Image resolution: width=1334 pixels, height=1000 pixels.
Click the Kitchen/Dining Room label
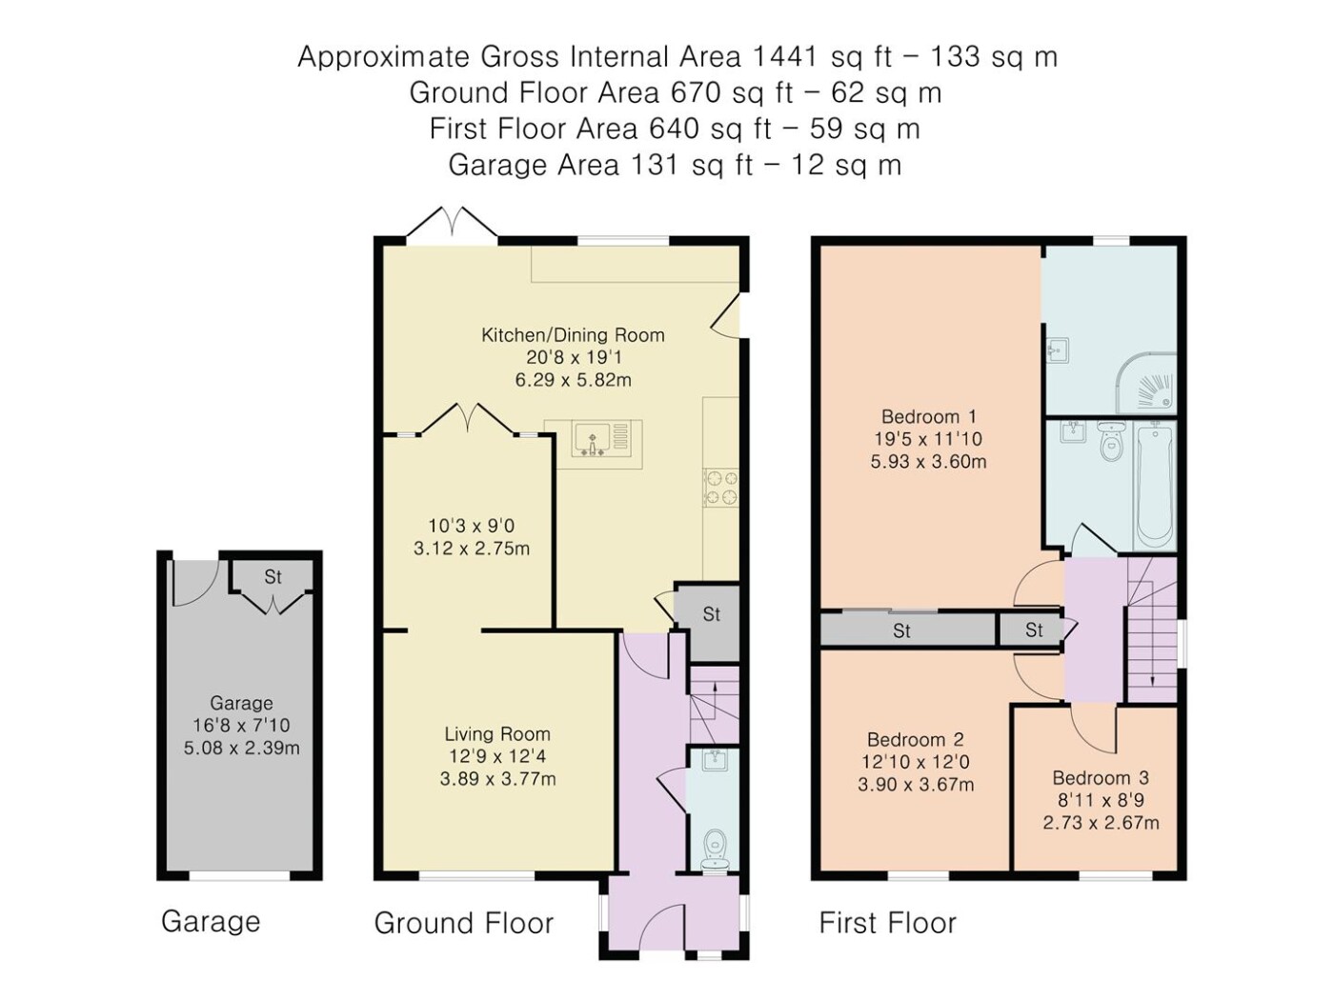[x=573, y=335]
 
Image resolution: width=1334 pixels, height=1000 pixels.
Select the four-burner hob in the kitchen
[x=720, y=489]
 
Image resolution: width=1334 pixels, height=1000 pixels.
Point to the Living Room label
[x=497, y=734]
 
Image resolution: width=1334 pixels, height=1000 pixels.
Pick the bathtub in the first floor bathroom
[x=1154, y=487]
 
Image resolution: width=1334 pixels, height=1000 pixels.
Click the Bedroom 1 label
[x=929, y=417]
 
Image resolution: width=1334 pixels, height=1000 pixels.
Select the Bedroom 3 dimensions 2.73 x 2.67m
[x=1101, y=823]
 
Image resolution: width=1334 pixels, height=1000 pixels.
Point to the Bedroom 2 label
[x=916, y=740]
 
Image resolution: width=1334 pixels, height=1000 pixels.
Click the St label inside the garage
[x=273, y=577]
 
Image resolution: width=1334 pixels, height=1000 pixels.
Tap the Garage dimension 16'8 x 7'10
[x=241, y=725]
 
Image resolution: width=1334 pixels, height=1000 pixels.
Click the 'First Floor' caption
[x=887, y=923]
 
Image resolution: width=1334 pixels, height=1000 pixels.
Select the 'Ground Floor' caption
[x=464, y=923]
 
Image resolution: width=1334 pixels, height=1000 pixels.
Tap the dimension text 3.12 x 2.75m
[x=471, y=549]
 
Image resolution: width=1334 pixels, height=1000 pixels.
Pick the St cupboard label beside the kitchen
[x=711, y=614]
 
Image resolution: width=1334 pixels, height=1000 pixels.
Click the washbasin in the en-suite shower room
[x=1058, y=350]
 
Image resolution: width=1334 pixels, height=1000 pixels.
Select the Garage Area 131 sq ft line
[x=675, y=165]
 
